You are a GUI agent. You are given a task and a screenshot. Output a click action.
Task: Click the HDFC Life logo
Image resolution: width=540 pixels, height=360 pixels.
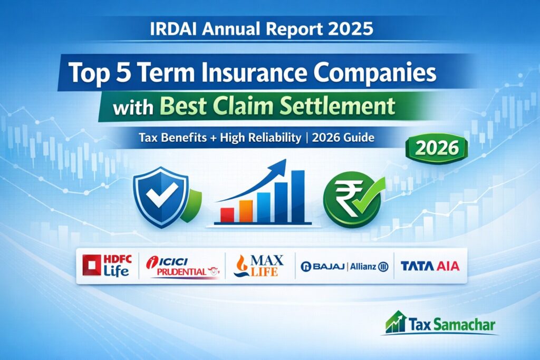point(107,265)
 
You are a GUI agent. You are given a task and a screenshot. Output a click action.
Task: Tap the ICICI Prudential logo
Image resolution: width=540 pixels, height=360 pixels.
point(183,267)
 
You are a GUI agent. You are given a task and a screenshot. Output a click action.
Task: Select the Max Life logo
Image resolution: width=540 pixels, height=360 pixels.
point(258,266)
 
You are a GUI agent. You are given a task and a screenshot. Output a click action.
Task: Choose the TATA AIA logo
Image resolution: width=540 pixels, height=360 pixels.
point(430,266)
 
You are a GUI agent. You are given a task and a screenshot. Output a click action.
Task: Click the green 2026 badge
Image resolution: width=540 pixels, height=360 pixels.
point(437,148)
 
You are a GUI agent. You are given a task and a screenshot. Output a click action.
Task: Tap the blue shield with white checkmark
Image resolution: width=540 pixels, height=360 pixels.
point(161,197)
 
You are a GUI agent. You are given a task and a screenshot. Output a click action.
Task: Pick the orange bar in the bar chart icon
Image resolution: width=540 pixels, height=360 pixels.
point(246,211)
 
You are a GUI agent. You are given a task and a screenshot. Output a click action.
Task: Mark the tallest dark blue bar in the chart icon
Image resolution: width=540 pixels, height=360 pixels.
point(298,196)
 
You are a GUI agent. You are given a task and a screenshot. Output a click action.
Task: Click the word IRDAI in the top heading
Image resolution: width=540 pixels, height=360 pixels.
point(173,29)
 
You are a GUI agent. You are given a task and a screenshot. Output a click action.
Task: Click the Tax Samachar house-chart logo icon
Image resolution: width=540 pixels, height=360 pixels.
point(396,322)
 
